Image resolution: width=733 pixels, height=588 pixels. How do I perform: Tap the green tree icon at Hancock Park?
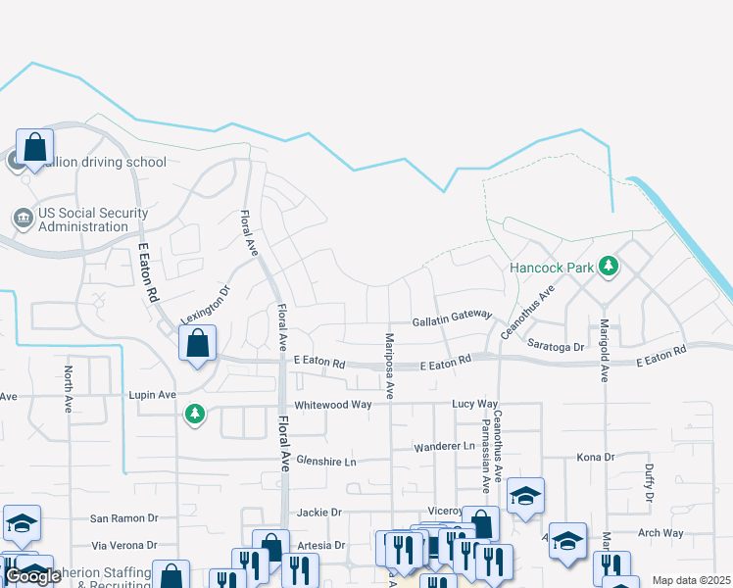point(609,266)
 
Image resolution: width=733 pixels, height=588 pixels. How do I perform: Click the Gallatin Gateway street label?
point(451,318)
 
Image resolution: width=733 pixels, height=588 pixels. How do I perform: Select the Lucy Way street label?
point(475,404)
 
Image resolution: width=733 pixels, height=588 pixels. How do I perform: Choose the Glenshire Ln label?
point(326,460)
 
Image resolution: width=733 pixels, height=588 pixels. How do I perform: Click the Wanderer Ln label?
point(443,446)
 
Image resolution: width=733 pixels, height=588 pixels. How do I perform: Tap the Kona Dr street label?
point(595,458)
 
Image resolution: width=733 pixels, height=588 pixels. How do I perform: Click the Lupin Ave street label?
point(152,395)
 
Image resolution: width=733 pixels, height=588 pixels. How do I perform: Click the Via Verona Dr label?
point(123,545)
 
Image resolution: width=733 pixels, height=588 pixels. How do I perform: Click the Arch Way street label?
point(660,533)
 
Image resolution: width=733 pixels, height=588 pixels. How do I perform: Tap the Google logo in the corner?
point(32,576)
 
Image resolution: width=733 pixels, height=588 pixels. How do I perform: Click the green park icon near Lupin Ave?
point(195,415)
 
